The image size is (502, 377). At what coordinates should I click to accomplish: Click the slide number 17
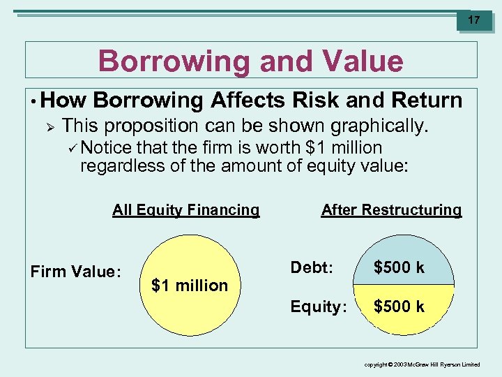point(473,20)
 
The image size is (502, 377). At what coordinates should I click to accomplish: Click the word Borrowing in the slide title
point(173,61)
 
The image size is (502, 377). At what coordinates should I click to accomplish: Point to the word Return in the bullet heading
point(427,101)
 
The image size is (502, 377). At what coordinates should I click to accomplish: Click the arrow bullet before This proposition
point(49,126)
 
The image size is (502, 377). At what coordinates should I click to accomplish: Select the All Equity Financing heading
point(185,210)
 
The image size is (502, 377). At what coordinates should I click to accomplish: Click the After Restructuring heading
point(391,210)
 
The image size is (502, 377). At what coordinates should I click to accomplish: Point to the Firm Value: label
point(76,272)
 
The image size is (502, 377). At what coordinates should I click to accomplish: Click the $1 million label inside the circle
point(190,285)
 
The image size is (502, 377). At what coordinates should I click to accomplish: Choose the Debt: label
point(311,267)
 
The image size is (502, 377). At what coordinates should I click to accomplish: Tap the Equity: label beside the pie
point(318,306)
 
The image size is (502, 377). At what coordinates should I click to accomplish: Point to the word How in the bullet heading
point(64,101)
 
